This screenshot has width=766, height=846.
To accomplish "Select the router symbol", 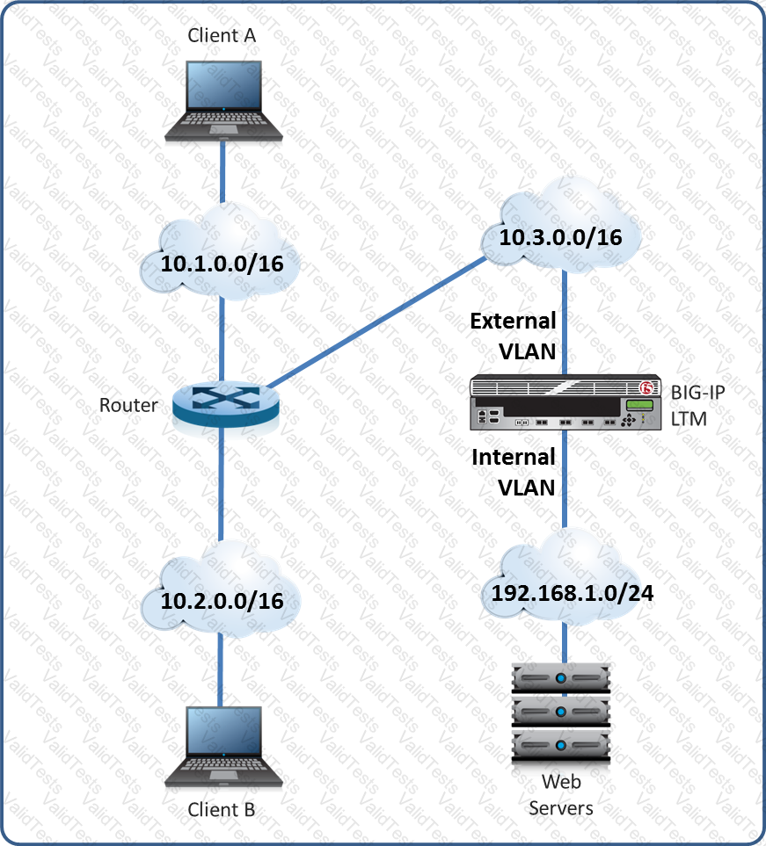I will [x=224, y=405].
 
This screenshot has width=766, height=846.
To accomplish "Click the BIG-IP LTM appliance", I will [x=565, y=403].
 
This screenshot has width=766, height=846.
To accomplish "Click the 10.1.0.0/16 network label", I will [x=222, y=262].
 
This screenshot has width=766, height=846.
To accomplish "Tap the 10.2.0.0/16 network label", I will [x=222, y=601].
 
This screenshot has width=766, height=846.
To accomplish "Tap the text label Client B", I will [x=222, y=809].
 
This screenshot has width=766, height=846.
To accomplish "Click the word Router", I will [x=128, y=405].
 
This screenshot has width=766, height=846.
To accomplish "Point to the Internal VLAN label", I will [x=514, y=471].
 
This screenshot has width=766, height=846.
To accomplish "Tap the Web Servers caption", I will [x=561, y=794].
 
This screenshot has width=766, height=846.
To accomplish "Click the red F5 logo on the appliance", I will [x=649, y=387].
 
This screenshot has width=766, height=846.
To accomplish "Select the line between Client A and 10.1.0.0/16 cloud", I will [x=223, y=171].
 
